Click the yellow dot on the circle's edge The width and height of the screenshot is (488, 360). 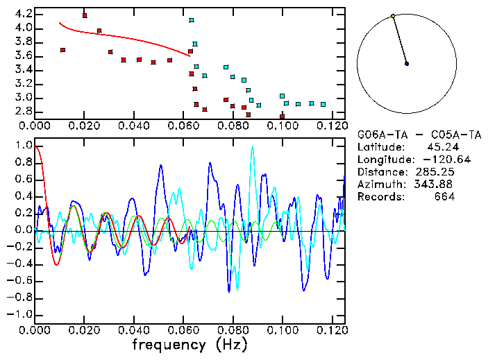pyautogui.click(x=393, y=16)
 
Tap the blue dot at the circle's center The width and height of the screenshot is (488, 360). pyautogui.click(x=407, y=64)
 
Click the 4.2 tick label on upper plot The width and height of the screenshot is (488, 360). pyautogui.click(x=22, y=14)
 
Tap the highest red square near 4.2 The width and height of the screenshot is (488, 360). pyautogui.click(x=85, y=15)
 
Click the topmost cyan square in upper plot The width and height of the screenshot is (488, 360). pyautogui.click(x=192, y=20)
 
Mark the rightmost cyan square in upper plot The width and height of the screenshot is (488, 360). pyautogui.click(x=323, y=104)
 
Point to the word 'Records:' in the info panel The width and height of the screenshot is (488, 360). pyautogui.click(x=380, y=196)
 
